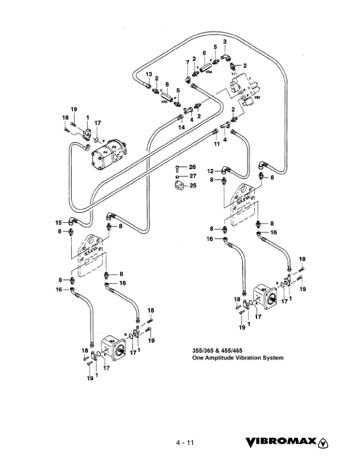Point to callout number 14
pos(182,127)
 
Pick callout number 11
pos(216,144)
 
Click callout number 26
pos(192,167)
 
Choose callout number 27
pos(192,176)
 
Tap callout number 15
pos(59,222)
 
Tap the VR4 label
pos(209,72)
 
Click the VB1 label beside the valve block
pos(257,99)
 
